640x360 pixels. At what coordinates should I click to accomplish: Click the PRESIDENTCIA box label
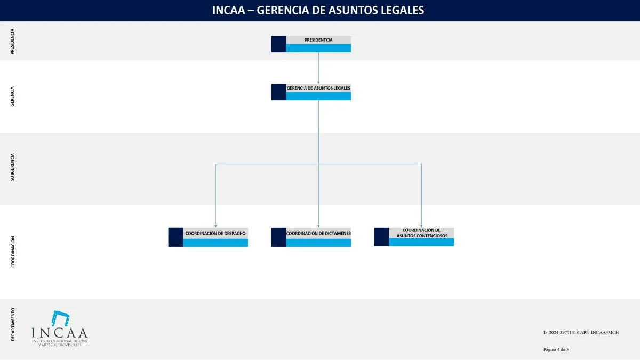pyautogui.click(x=318, y=40)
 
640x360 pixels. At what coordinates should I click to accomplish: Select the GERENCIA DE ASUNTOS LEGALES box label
pyautogui.click(x=318, y=88)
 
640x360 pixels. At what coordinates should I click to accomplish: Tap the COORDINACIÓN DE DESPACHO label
pyautogui.click(x=215, y=234)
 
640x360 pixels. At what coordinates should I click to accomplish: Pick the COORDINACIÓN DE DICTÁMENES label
pyautogui.click(x=318, y=234)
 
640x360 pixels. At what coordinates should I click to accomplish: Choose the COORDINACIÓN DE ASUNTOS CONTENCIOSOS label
pyautogui.click(x=421, y=233)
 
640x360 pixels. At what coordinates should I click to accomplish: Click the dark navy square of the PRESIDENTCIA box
pyautogui.click(x=278, y=44)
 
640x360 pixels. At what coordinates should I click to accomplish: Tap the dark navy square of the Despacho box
pyautogui.click(x=175, y=237)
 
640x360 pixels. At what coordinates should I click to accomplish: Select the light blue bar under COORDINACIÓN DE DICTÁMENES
pyautogui.click(x=318, y=243)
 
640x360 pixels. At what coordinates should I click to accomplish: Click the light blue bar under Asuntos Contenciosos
pyautogui.click(x=421, y=242)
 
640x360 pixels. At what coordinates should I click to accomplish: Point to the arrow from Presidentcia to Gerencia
pyautogui.click(x=318, y=68)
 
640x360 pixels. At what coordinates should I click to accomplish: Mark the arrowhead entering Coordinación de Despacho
pyautogui.click(x=215, y=226)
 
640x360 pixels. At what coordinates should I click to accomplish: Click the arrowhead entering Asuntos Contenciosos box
pyautogui.click(x=421, y=226)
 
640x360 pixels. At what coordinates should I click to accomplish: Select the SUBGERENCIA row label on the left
pyautogui.click(x=13, y=167)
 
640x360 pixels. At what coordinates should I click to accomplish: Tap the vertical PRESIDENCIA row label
pyautogui.click(x=13, y=41)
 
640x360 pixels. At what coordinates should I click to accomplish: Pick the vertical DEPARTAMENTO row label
pyautogui.click(x=13, y=324)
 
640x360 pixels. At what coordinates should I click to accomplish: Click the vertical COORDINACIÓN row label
pyautogui.click(x=13, y=251)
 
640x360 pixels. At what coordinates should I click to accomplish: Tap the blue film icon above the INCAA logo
pyautogui.click(x=60, y=318)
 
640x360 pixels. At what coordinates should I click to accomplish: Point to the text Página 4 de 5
pyautogui.click(x=556, y=349)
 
